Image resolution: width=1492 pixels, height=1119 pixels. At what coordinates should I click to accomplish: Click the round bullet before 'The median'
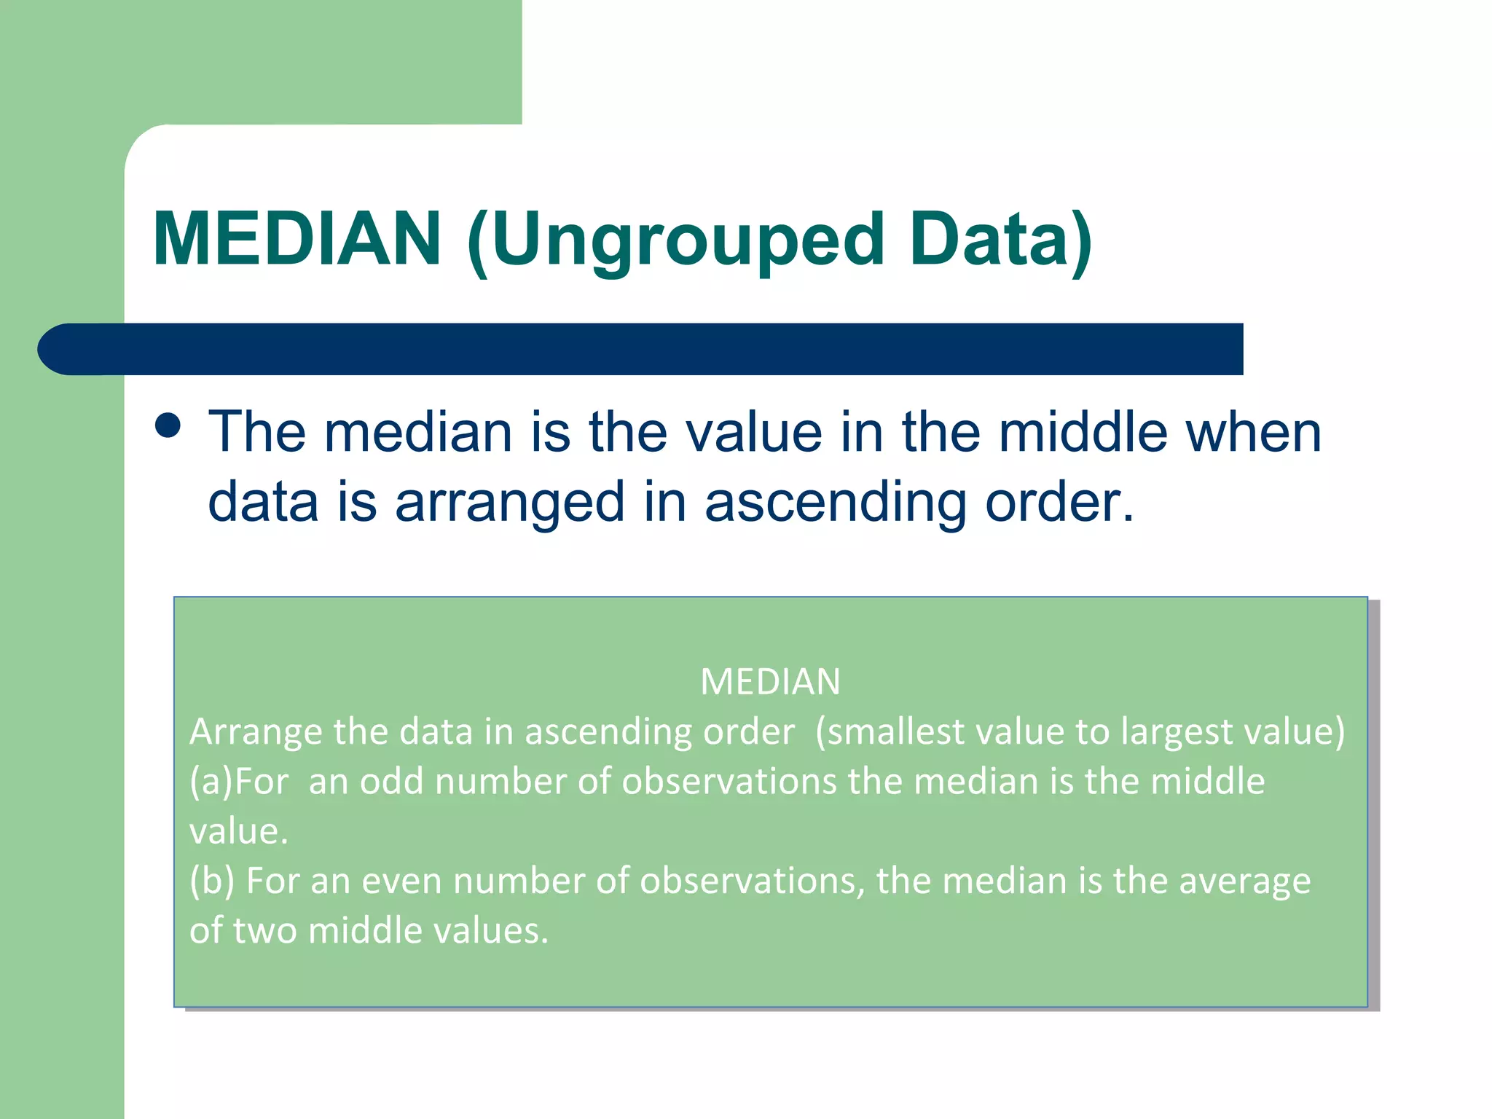[x=168, y=425]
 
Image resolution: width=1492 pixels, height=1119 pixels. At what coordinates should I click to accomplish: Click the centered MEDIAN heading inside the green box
[x=770, y=682]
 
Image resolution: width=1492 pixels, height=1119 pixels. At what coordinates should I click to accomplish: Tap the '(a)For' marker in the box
[x=239, y=781]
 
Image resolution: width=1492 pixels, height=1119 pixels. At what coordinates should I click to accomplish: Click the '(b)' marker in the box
[x=212, y=881]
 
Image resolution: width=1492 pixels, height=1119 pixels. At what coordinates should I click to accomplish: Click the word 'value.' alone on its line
[x=239, y=831]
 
